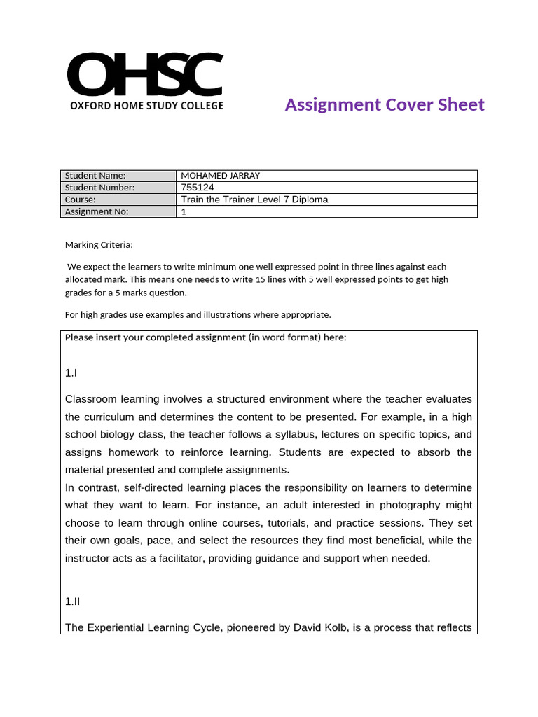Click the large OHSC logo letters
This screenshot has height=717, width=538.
[x=145, y=75]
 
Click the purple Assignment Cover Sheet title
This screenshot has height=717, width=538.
[x=385, y=105]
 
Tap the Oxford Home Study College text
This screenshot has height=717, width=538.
[x=146, y=106]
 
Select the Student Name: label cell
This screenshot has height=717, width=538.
[x=95, y=176]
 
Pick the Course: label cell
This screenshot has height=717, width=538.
[x=81, y=200]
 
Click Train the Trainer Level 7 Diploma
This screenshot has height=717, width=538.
[x=254, y=200]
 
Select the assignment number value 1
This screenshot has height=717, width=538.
[x=184, y=211]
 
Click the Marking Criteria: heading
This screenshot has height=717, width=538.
[x=98, y=245]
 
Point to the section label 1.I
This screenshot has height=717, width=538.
[x=71, y=374]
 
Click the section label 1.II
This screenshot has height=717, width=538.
[x=73, y=601]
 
